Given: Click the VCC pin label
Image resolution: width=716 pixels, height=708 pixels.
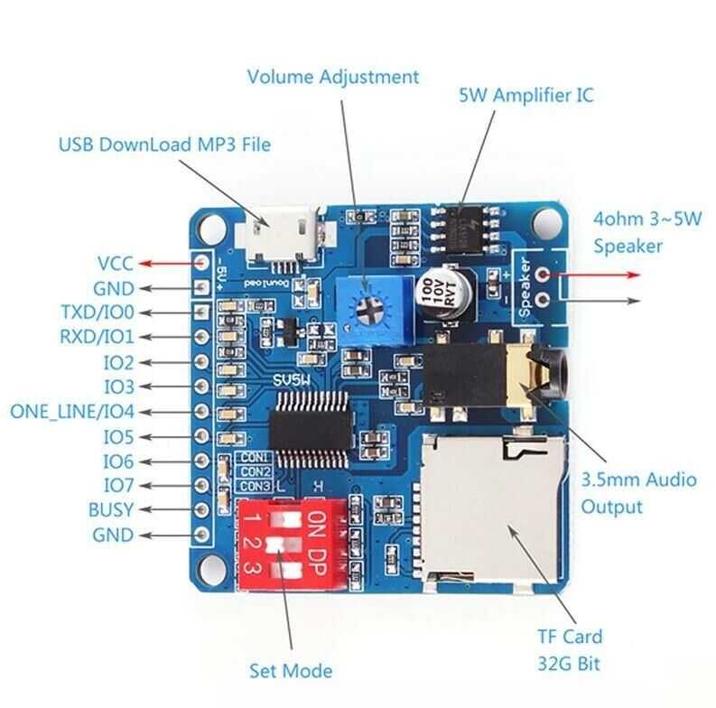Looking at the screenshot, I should (x=115, y=264).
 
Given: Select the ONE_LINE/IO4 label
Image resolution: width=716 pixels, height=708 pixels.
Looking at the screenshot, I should (x=71, y=412).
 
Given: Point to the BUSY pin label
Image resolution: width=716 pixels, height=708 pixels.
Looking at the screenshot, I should (x=110, y=509).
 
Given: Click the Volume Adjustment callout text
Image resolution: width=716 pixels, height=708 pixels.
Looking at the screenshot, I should (x=333, y=77).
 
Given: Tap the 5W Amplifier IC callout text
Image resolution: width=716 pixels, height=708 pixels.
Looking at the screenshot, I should (x=526, y=94).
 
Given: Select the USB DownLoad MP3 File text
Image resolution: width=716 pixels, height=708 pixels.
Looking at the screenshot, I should (x=164, y=144).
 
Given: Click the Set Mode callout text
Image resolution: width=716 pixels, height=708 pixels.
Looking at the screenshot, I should (x=291, y=670).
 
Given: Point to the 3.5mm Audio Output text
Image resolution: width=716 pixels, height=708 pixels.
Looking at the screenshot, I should (x=638, y=492).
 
